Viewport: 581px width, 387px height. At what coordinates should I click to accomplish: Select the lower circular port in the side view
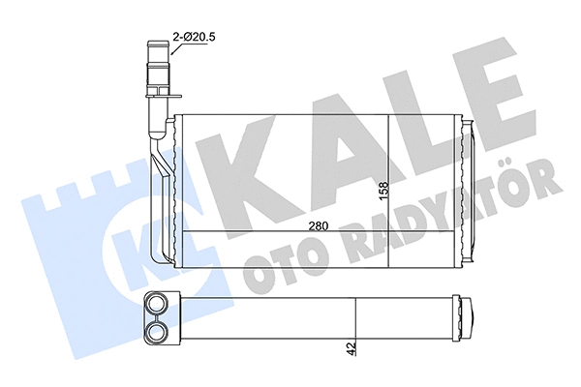(x=157, y=332)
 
